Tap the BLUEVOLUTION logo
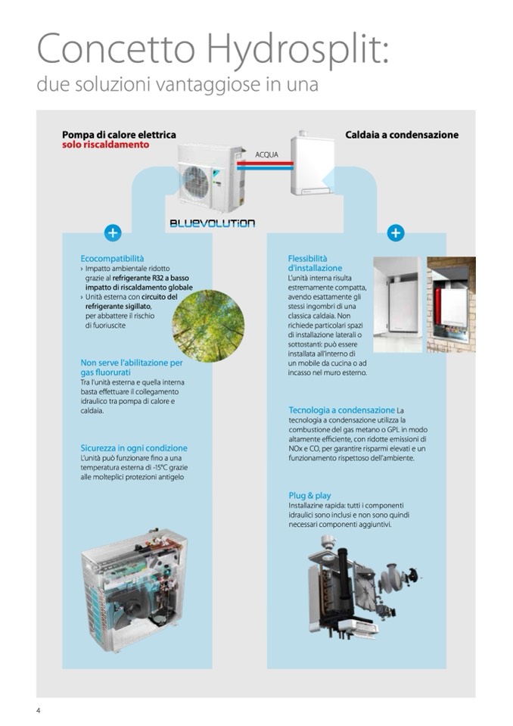212,223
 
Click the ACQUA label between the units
266,154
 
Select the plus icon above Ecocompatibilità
113,233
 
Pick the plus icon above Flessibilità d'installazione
395,233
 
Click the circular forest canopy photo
208,326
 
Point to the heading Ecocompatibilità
112,259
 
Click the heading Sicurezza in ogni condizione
134,448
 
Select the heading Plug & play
309,496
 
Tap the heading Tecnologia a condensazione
341,410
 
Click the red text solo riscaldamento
105,145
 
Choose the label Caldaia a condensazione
401,135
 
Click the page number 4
39,710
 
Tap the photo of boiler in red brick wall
451,305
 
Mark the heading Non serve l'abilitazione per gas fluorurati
131,367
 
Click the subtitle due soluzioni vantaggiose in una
177,83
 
